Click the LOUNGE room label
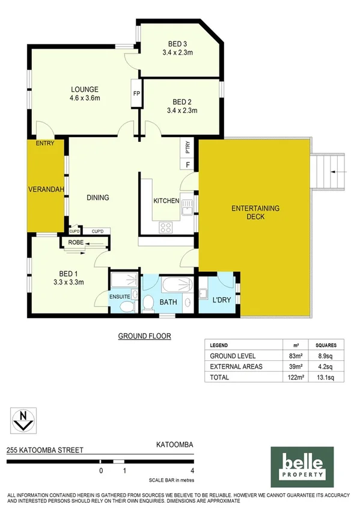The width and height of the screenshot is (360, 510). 84,89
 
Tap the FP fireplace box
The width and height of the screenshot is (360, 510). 136,94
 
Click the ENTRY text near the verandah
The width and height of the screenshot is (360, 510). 44,143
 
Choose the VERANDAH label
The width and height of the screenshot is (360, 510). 46,189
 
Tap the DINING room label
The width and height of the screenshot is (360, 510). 97,197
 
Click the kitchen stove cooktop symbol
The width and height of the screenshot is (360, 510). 165,227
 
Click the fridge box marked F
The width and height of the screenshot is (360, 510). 188,164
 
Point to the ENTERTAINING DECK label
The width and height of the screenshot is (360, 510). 256,213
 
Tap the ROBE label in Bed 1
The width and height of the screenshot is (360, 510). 76,244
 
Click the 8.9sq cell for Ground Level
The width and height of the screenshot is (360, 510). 326,356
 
